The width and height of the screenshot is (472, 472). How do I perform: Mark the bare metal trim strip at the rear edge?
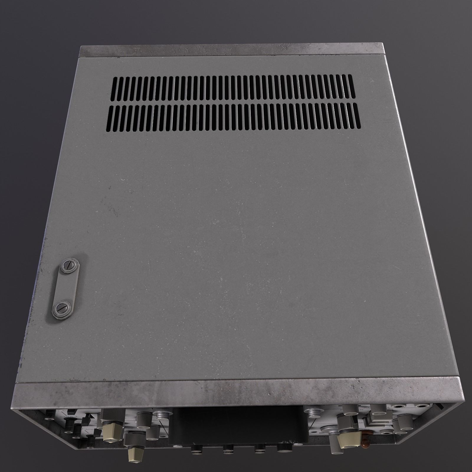click(233, 51)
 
